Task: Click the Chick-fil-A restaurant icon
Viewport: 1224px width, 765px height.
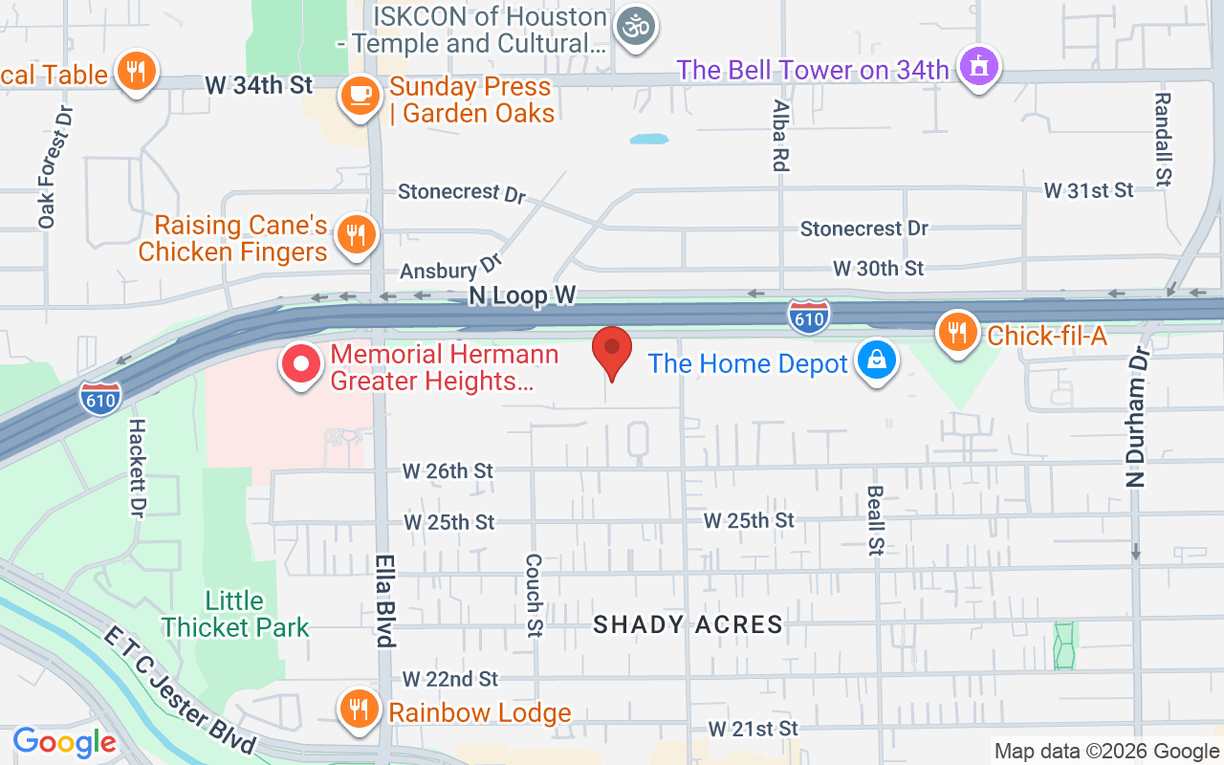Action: coord(955,332)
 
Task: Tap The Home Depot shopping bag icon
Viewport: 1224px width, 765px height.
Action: coord(875,361)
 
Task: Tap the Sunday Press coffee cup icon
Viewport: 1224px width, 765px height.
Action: coord(360,96)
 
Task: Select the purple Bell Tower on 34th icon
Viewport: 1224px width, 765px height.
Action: coord(978,67)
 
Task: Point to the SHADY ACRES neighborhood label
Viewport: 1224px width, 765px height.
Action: coord(688,625)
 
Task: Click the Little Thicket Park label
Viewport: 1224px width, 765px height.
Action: coord(235,614)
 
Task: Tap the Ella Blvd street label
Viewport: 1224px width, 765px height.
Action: coord(385,601)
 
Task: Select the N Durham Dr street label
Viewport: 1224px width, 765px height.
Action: coord(1136,419)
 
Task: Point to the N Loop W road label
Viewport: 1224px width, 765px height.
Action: coord(522,296)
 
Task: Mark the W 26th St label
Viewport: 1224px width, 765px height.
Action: coord(448,470)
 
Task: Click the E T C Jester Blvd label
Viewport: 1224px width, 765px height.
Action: coord(181,689)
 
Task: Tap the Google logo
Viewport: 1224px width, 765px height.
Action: coord(64,741)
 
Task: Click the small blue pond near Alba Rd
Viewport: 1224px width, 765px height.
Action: coord(649,139)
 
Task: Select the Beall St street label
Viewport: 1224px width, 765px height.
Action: coord(875,520)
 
